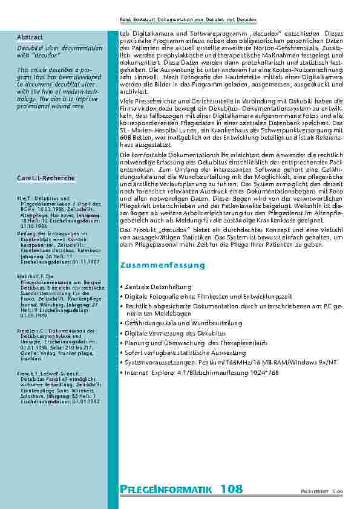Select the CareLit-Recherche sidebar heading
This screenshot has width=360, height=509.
46,178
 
